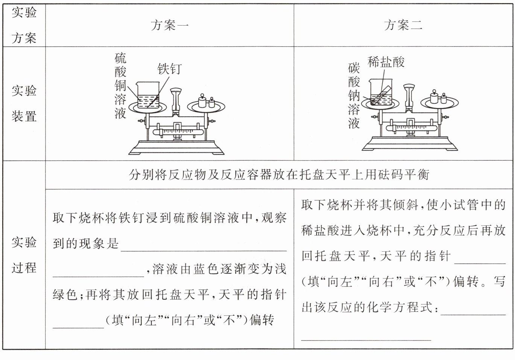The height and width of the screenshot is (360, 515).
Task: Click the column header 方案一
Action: coord(169,25)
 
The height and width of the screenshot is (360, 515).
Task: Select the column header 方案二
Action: coord(403,25)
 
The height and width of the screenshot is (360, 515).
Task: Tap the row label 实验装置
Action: coord(24,103)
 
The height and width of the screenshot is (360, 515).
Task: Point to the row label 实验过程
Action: coord(24,255)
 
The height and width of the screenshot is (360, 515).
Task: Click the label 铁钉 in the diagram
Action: coord(169,69)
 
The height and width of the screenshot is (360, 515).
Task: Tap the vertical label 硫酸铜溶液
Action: coord(120,86)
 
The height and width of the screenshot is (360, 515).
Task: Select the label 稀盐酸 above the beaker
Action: coord(386,62)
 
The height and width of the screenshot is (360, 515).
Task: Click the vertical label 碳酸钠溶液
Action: coord(354,96)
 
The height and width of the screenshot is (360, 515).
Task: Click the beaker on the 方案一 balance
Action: coord(148,96)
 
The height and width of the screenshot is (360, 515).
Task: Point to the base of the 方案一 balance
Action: coord(176,147)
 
